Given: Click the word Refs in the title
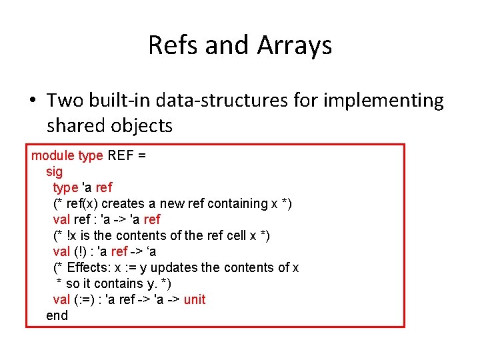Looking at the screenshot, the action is tap(173, 45).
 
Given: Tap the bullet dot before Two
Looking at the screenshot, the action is tap(31, 101).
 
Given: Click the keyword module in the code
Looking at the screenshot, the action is tap(53, 155).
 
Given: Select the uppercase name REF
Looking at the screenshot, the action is tap(121, 155).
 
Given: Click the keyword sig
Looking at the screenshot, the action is tap(54, 171).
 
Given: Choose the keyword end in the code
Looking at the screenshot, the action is tap(57, 315).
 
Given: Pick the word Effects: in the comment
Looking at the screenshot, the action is tap(91, 267).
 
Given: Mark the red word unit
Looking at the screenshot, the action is tap(194, 299).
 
